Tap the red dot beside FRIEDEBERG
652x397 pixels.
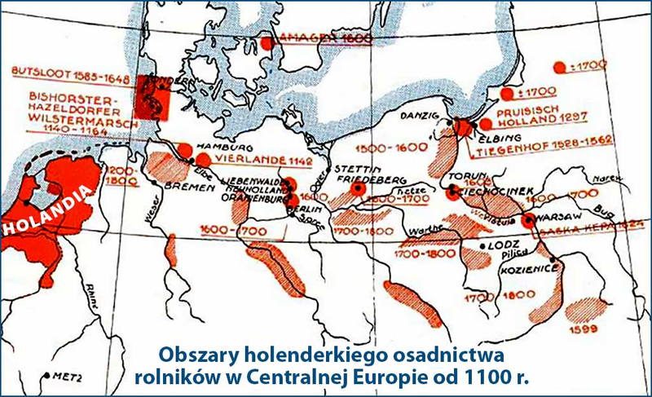pos(356,188)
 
